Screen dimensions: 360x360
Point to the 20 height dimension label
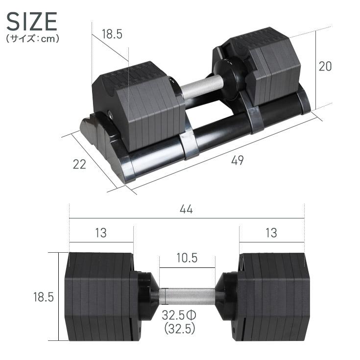pos(325,66)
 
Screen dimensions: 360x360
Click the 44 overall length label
pos(186,209)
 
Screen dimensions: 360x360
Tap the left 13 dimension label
pos(100,233)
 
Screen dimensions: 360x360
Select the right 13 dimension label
pos(271,233)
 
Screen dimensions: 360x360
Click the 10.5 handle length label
pos(187,258)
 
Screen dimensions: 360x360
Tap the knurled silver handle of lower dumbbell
pos(187,296)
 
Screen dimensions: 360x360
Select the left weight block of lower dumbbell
pos(98,296)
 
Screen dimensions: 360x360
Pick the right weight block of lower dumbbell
pos(274,296)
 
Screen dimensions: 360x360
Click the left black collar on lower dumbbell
pos(147,296)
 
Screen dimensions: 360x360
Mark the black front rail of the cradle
pos(220,137)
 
